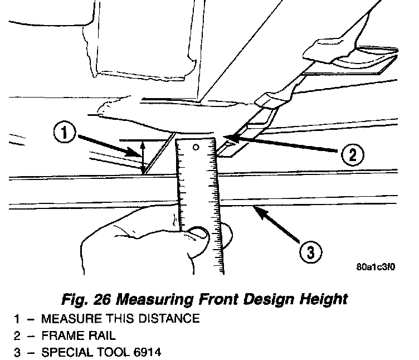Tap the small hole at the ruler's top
[x=197, y=148]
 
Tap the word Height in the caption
[x=321, y=299]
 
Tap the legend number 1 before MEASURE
[x=18, y=319]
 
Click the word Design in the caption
[x=267, y=299]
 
